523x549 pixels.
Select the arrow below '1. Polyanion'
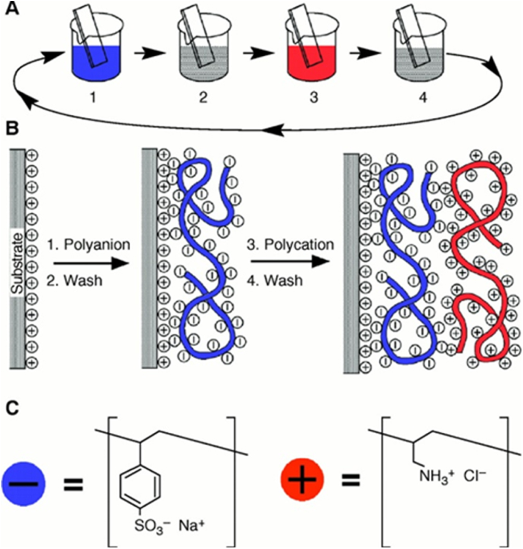point(91,263)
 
